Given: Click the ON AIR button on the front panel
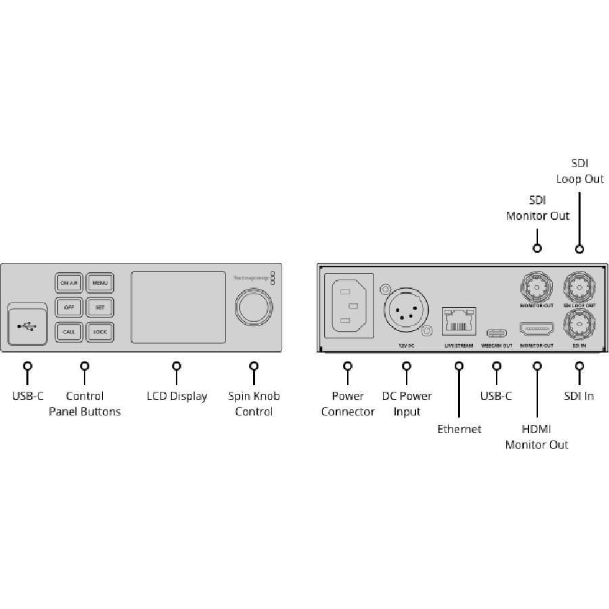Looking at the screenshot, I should click(68, 282).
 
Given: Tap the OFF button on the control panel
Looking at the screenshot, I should click(68, 307).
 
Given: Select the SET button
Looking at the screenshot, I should click(99, 307).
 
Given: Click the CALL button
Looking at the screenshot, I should click(68, 332).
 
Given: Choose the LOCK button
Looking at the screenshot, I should click(99, 332).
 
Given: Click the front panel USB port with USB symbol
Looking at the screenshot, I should click(28, 326).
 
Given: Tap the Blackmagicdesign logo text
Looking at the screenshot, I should click(250, 276).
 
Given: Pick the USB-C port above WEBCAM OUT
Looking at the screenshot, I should click(497, 332).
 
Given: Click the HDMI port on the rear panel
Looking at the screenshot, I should click(537, 330).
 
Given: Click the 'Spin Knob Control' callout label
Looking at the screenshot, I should click(254, 404).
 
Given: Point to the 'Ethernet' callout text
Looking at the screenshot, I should click(459, 429).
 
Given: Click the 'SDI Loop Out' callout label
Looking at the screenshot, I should click(580, 171).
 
